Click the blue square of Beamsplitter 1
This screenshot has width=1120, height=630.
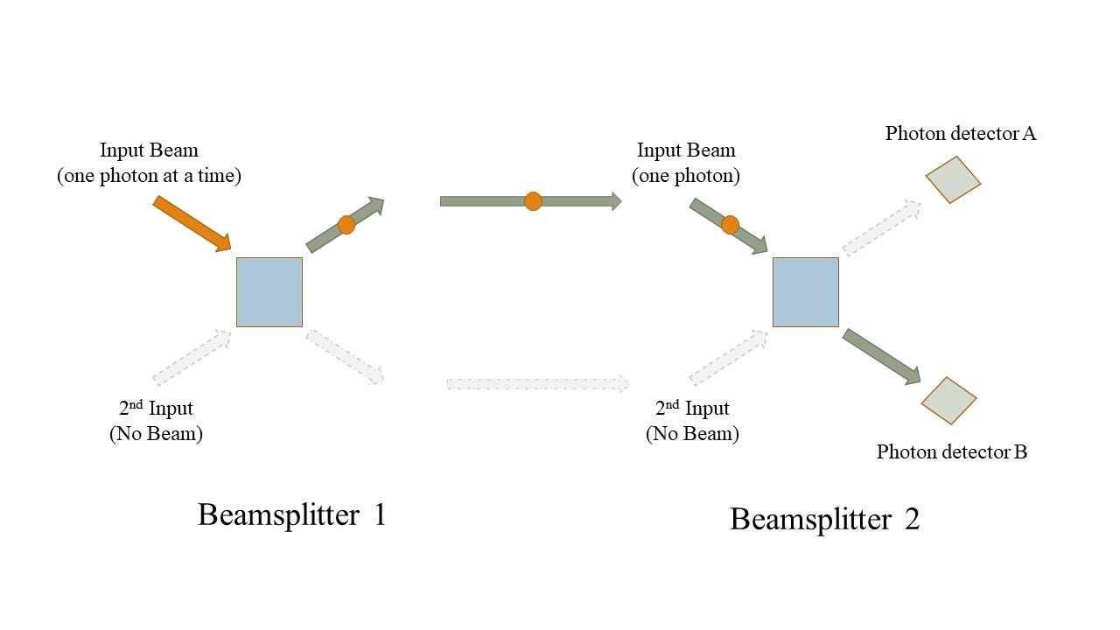tap(269, 291)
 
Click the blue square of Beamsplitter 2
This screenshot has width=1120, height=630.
tap(805, 291)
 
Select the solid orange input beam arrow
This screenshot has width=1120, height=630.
tap(191, 222)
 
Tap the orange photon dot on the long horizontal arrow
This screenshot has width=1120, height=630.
tap(533, 201)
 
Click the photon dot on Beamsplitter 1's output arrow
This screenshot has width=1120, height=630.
tap(346, 225)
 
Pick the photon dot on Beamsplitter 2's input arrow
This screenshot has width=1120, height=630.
tap(730, 225)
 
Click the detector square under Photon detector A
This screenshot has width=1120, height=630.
tap(953, 179)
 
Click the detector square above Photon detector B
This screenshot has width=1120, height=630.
tap(948, 400)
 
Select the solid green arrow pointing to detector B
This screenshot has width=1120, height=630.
tap(881, 355)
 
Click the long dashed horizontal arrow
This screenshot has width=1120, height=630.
tap(537, 383)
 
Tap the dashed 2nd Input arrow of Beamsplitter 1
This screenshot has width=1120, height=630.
tap(192, 357)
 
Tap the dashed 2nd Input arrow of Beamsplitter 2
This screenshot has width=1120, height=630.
tap(729, 357)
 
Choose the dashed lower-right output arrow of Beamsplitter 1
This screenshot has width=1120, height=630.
tap(345, 356)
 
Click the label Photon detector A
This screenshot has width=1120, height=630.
tap(960, 134)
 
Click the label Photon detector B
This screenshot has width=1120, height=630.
tap(951, 452)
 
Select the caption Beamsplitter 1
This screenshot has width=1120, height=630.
tap(291, 514)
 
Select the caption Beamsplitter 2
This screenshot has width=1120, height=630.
tap(824, 519)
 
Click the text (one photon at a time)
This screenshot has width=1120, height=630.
tap(149, 176)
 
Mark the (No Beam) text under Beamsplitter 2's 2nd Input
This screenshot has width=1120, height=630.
tap(692, 434)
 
